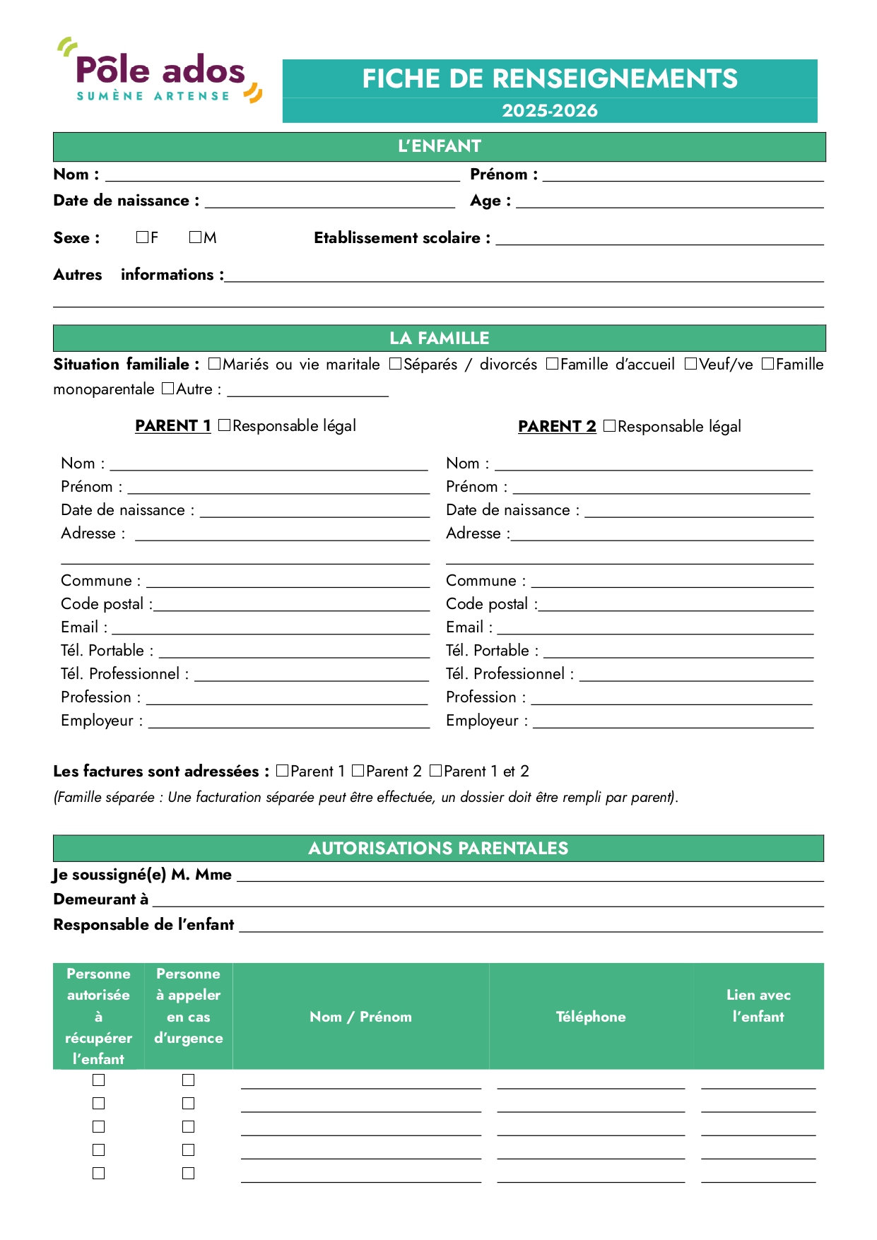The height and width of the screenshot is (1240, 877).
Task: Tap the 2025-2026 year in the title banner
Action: [x=549, y=111]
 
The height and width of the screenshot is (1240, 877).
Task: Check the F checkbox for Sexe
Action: [x=142, y=237]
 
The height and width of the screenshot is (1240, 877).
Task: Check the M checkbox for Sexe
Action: [x=195, y=237]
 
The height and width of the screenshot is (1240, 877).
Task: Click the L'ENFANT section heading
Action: [x=439, y=146]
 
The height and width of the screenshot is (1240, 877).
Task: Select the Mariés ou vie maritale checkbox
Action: [x=215, y=364]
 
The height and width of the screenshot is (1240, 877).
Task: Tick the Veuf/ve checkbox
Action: [x=690, y=364]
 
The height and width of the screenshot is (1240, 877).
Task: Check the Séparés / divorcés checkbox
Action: [x=396, y=364]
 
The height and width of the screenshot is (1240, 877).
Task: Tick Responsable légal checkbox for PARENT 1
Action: [x=225, y=425]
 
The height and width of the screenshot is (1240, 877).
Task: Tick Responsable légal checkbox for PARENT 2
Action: [x=609, y=426]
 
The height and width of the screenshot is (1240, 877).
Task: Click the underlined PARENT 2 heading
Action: [x=557, y=426]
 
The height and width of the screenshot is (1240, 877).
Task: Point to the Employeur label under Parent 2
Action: [x=486, y=721]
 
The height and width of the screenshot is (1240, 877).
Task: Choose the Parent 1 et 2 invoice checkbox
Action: [x=436, y=771]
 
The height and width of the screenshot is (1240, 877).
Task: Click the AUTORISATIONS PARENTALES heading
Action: [x=438, y=848]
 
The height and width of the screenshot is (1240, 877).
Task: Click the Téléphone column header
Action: [x=591, y=1017]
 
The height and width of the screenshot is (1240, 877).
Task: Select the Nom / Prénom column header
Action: [x=360, y=1017]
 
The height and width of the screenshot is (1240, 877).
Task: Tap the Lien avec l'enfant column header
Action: [x=758, y=1005]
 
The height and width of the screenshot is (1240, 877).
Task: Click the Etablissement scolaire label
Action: [x=401, y=238]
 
